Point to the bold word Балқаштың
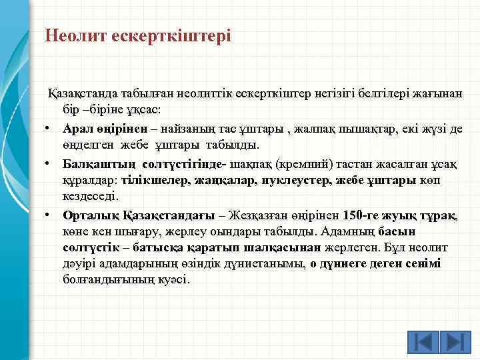(89, 163)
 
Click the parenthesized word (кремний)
(315, 163)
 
